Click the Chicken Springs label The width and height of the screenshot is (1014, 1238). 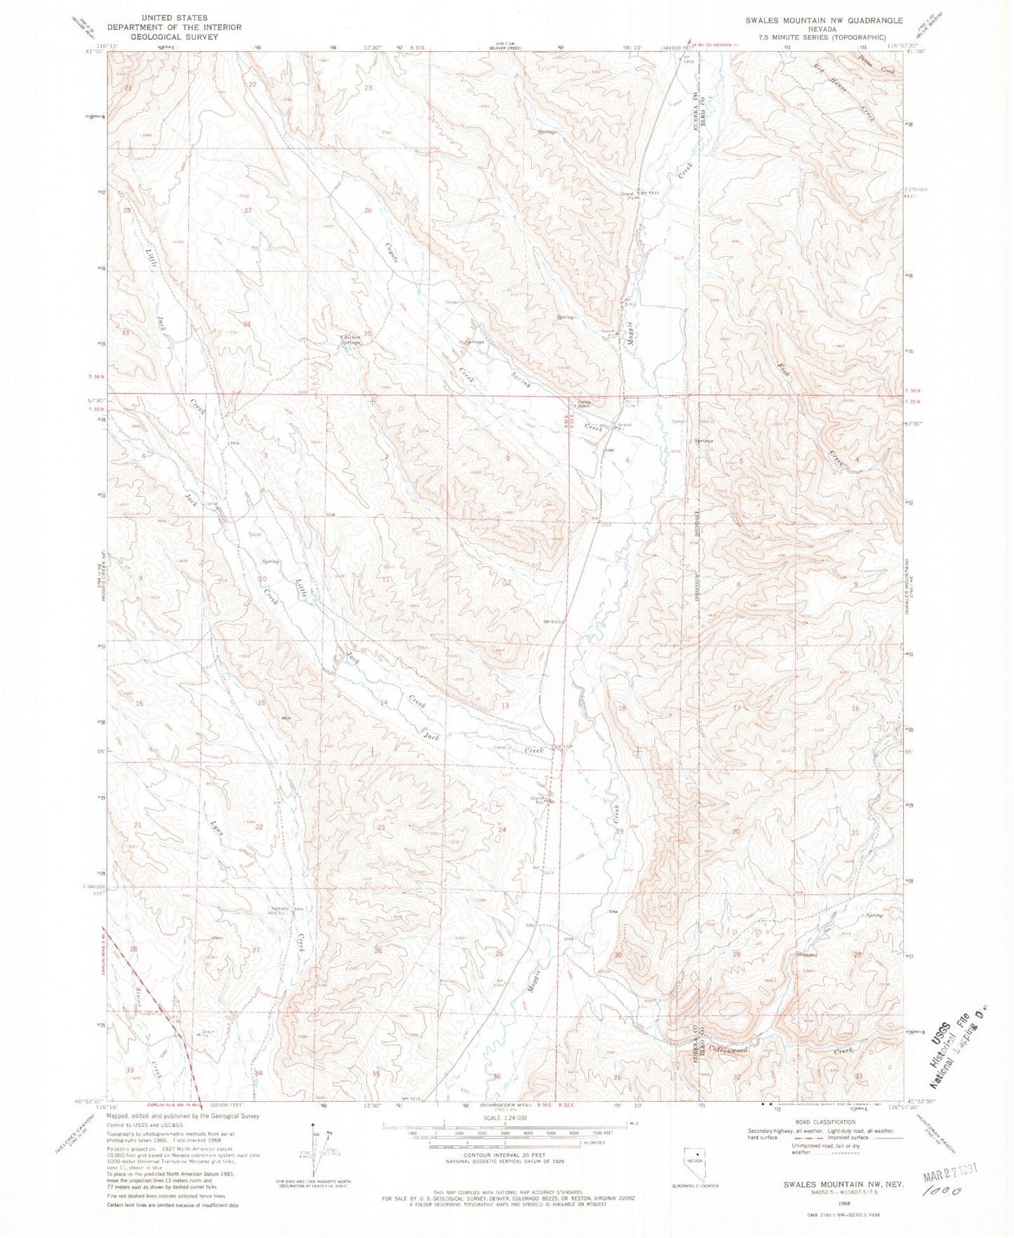tap(350, 340)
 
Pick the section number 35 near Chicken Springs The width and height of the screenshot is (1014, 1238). tap(367, 333)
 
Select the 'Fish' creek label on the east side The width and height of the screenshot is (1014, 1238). tap(784, 368)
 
